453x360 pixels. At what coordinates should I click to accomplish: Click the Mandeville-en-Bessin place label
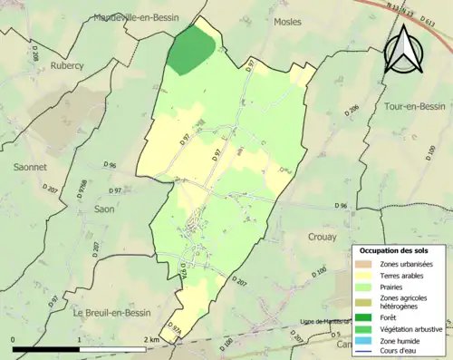click(137, 16)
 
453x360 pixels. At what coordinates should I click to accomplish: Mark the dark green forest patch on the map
click(191, 50)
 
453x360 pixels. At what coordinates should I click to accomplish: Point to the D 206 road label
click(353, 110)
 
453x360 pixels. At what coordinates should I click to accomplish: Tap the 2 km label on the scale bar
click(151, 340)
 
